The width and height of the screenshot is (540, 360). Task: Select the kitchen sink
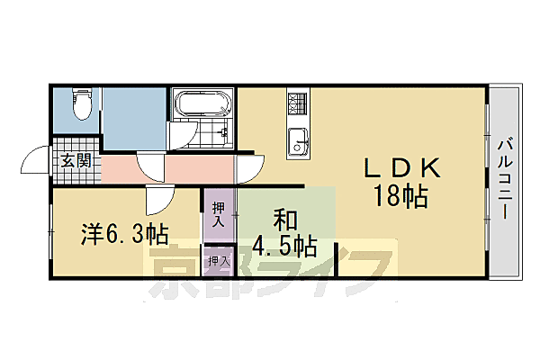[298, 140]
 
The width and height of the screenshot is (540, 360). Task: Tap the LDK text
[401, 168]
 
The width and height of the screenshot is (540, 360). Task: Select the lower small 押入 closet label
[218, 261]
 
